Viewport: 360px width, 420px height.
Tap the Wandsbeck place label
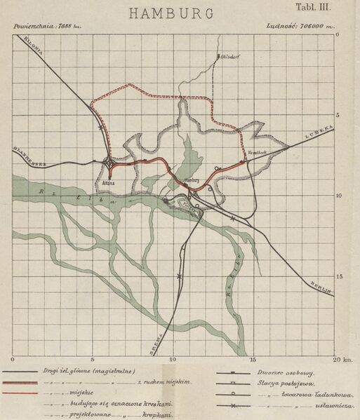click(255, 151)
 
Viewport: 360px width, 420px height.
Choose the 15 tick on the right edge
click(338, 276)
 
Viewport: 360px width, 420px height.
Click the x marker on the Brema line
click(180, 276)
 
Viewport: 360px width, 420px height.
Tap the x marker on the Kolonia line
click(102, 128)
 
